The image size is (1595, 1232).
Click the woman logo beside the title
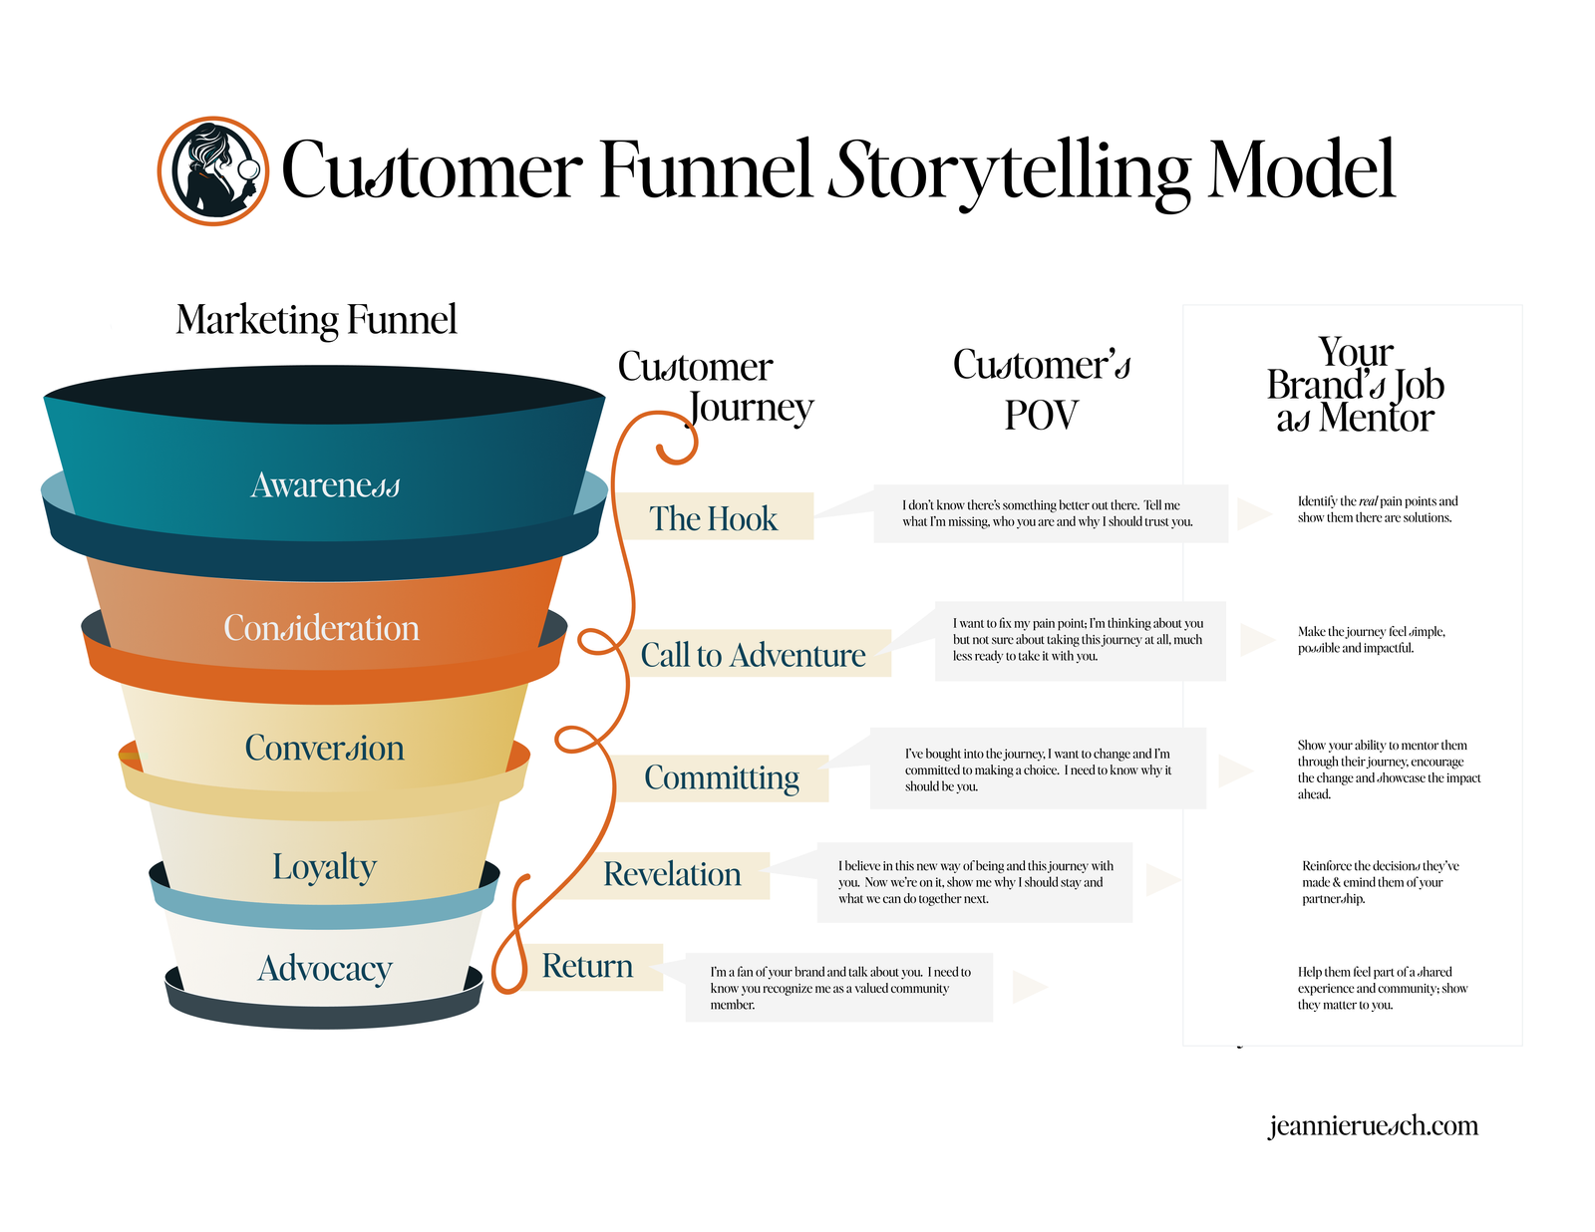pos(212,170)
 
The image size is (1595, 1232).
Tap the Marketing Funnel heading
pos(316,320)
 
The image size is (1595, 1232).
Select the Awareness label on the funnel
pos(325,485)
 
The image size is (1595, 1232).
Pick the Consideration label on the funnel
pos(321,628)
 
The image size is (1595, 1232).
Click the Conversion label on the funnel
pos(325,748)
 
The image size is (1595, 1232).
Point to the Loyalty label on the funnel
pos(324,866)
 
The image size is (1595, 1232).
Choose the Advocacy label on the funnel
pos(325,968)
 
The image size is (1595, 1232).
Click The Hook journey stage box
pos(714,517)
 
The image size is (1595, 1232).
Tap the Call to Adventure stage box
pos(754,654)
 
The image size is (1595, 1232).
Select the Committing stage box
pos(722,777)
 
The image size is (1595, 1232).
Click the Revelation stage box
pos(672,874)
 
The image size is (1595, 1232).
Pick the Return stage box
pos(588,966)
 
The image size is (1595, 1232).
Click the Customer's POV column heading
pos(1042,389)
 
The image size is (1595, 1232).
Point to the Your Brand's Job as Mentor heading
pos(1355,385)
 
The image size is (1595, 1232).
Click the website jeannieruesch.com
pos(1373,1125)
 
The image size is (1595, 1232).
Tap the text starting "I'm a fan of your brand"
pos(839,988)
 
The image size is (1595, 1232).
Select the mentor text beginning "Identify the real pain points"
pos(1377,509)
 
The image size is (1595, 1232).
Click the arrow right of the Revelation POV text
pos(1162,880)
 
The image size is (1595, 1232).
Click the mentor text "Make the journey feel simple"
pos(1371,640)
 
